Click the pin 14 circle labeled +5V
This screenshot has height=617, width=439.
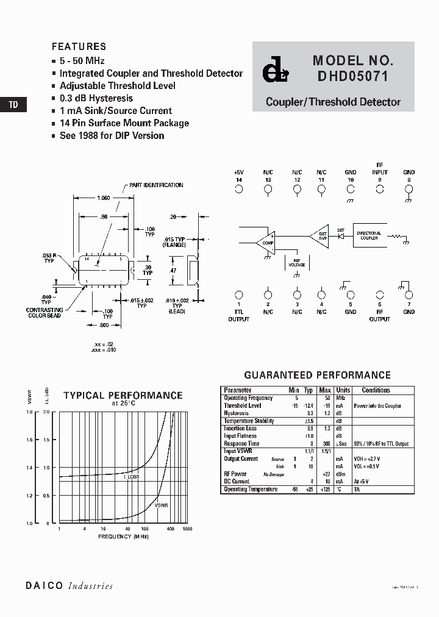coord(238,190)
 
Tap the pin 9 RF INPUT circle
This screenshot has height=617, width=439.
coord(380,190)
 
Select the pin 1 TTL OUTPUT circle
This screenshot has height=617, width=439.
coord(238,294)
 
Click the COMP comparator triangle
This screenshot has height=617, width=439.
coord(266,242)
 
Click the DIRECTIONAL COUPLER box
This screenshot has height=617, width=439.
coord(368,235)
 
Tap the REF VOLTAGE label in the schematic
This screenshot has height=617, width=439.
coord(296,263)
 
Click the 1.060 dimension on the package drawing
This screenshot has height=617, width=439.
coord(104,198)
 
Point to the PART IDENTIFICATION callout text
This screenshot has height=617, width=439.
coord(155,185)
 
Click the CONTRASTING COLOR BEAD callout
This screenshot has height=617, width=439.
coord(44,313)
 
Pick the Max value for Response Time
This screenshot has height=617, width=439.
coord(326,444)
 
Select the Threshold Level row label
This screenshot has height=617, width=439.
coord(242,405)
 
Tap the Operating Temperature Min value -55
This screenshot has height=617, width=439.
coord(294,490)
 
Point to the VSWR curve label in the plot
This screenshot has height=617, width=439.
coord(161,506)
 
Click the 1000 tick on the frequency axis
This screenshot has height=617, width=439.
coord(187,529)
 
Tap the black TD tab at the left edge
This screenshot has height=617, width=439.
coord(13,105)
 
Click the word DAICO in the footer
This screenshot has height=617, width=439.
coord(45,586)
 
